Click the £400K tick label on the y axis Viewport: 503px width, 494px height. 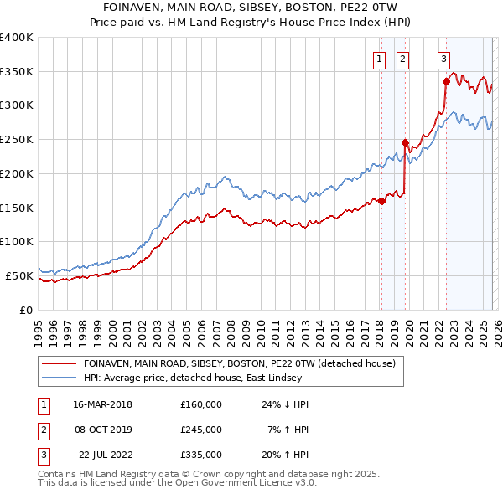[17, 38]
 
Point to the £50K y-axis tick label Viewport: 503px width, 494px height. [19, 275]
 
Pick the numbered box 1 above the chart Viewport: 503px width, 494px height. [380, 59]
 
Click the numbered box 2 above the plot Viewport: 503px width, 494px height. [403, 59]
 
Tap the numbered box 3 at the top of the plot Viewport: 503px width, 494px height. [443, 59]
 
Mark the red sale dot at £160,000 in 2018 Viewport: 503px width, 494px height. [381, 201]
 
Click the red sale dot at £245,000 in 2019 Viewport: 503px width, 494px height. [405, 142]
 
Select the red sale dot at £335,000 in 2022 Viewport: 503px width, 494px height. [446, 81]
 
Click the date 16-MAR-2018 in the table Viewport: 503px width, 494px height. [102, 404]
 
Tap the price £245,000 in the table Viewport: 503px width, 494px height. [201, 430]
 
